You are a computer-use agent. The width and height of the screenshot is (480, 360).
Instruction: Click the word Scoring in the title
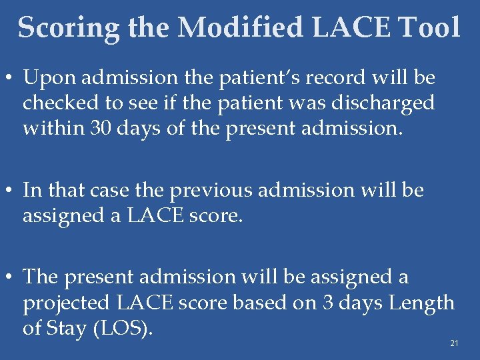pyautogui.click(x=69, y=28)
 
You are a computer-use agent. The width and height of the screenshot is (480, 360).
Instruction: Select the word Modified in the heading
pyautogui.click(x=240, y=28)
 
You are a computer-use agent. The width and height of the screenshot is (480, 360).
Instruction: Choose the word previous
pyautogui.click(x=212, y=191)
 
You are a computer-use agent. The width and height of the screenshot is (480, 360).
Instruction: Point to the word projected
pyautogui.click(x=67, y=303)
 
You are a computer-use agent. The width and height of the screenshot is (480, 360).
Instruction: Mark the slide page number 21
pyautogui.click(x=454, y=343)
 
